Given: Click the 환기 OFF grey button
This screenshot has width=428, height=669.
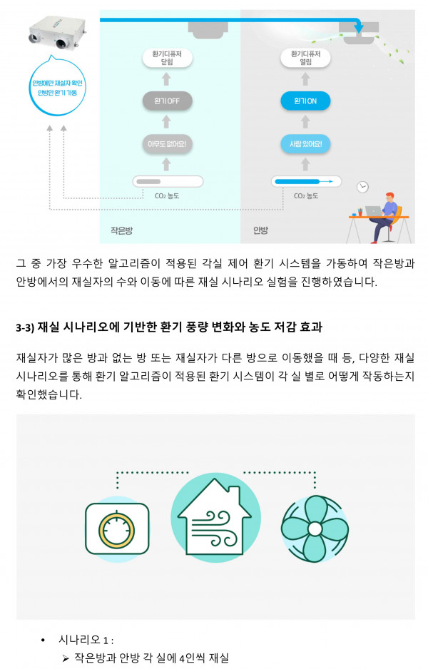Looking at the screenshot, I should (x=167, y=101).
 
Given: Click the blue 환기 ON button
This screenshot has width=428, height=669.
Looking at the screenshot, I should (x=305, y=101).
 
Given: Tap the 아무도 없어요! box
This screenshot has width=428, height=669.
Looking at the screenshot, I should (x=167, y=144).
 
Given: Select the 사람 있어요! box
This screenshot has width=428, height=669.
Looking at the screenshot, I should (x=305, y=144).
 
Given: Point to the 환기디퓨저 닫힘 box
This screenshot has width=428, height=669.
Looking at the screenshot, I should (x=167, y=57).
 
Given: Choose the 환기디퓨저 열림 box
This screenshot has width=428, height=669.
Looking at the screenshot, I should (x=305, y=57).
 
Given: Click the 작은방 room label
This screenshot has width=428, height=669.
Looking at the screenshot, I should (x=121, y=230).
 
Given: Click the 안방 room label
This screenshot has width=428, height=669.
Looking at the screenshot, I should (x=260, y=230).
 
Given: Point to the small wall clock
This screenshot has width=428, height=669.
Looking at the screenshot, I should (x=363, y=187).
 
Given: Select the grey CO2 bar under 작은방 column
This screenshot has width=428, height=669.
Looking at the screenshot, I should (x=167, y=182).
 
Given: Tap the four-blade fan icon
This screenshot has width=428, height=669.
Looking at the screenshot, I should (x=313, y=528).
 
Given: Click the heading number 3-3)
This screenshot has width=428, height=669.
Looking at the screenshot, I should (x=26, y=327).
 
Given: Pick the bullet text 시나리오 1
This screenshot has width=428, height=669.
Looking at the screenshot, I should (x=86, y=640).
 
